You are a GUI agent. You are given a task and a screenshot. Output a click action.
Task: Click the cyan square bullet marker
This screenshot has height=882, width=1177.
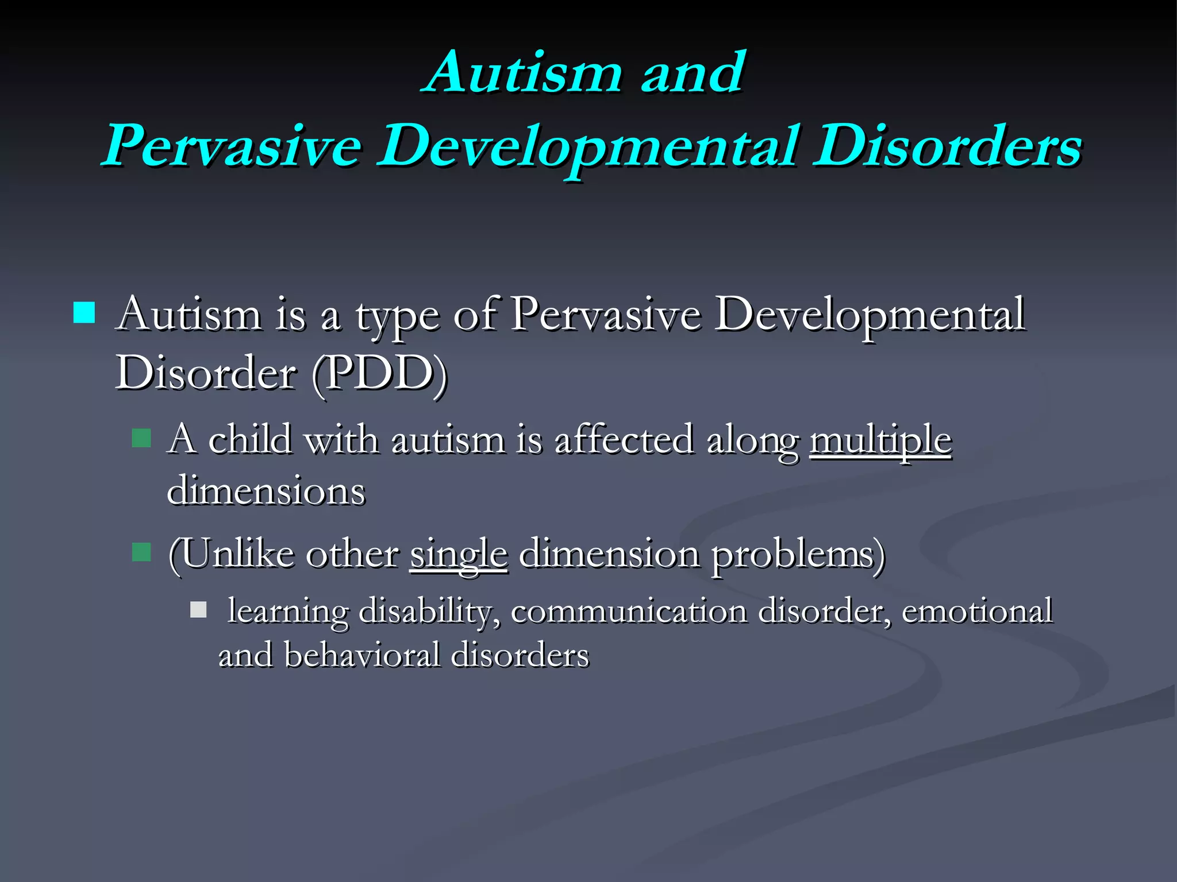click(x=84, y=313)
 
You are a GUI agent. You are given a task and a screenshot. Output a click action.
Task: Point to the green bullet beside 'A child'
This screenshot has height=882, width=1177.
click(x=141, y=438)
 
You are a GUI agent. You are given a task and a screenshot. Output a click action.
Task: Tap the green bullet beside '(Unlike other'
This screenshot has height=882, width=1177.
click(x=141, y=552)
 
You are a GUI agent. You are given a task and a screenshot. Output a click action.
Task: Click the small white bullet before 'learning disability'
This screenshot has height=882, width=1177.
click(x=198, y=610)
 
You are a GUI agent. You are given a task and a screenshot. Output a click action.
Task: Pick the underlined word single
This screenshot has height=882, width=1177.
click(x=459, y=555)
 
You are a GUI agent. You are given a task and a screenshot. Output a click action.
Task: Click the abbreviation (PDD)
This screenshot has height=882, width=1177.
click(x=379, y=373)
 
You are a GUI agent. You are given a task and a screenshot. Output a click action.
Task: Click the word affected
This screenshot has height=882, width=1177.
click(x=624, y=440)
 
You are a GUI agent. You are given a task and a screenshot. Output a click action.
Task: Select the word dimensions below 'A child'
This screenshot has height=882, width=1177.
click(x=266, y=492)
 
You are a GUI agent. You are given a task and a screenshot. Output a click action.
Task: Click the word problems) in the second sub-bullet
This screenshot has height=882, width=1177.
click(x=798, y=555)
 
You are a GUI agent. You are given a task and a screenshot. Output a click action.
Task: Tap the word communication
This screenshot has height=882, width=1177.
click(x=628, y=611)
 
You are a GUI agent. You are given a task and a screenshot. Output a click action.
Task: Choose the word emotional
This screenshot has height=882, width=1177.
click(x=976, y=611)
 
